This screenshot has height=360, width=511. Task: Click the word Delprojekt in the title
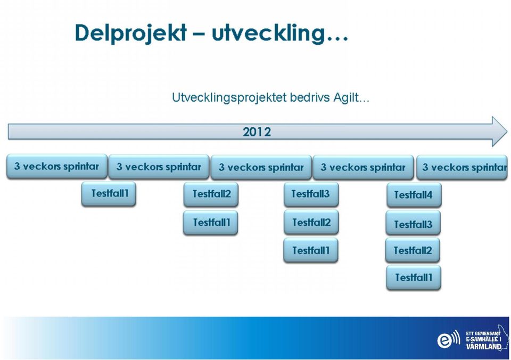(131, 33)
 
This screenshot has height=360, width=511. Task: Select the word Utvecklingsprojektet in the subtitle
(229, 97)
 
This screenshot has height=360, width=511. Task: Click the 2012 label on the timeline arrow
(257, 132)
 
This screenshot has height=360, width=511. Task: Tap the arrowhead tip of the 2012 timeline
(507, 132)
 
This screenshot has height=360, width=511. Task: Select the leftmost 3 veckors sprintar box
(57, 166)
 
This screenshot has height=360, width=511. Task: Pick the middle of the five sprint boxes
(261, 167)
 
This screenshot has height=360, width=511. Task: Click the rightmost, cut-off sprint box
(462, 167)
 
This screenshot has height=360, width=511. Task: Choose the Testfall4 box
(414, 195)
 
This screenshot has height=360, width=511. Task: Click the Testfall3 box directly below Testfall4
(413, 223)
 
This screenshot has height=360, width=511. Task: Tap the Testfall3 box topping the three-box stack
(311, 194)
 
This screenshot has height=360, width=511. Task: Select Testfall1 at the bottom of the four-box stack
(413, 277)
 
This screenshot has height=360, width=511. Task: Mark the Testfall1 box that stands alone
(109, 194)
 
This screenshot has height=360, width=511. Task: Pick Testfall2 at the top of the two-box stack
(211, 194)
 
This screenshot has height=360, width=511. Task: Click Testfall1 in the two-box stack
(211, 223)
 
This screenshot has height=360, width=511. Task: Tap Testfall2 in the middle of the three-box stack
(311, 222)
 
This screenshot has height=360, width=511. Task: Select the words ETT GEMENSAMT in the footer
(483, 333)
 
